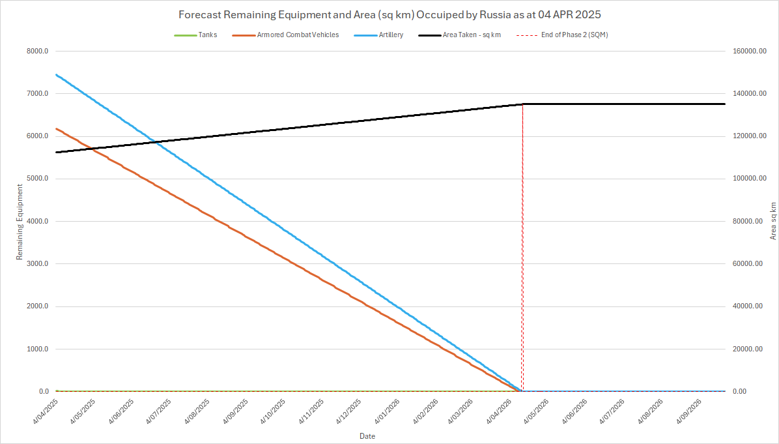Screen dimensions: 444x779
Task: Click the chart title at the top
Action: point(389,14)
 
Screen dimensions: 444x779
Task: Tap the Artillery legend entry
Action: point(390,35)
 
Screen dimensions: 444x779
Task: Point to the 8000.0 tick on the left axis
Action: point(36,51)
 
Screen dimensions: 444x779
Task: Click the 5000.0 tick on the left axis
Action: point(36,179)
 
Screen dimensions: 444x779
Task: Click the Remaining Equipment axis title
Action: point(20,222)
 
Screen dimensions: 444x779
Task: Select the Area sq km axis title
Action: point(773,220)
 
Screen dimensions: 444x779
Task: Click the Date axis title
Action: point(367,436)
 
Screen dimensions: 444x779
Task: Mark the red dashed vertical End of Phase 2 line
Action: point(522,261)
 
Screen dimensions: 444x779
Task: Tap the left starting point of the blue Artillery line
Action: point(57,74)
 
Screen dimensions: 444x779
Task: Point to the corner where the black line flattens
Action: point(522,104)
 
